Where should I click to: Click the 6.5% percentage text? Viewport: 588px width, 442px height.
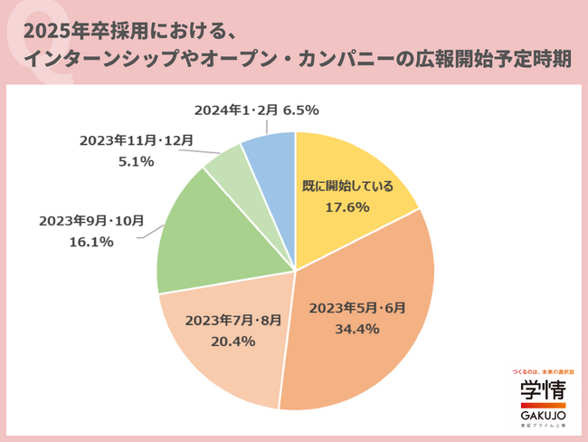click(x=300, y=110)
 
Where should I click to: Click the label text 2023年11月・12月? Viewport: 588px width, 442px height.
click(x=135, y=140)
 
